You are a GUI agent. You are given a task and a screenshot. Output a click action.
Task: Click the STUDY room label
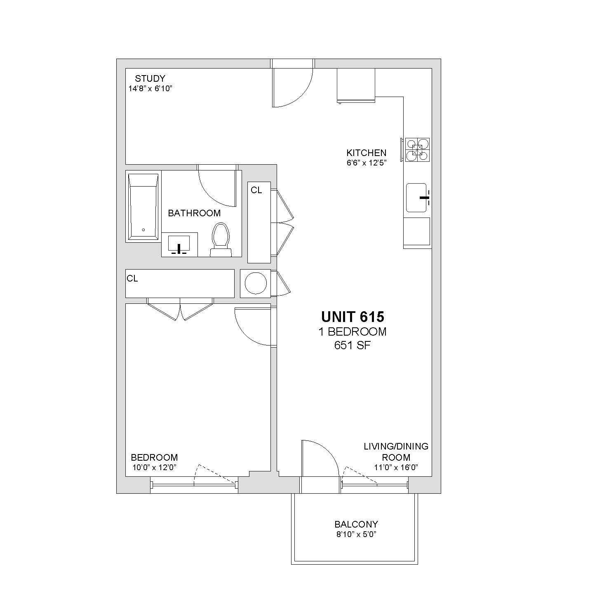(150, 78)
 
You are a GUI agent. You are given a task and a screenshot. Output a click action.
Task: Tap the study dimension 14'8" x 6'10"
(150, 88)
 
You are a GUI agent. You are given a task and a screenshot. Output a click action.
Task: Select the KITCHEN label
(366, 153)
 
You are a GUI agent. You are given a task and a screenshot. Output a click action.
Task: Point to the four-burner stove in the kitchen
(417, 150)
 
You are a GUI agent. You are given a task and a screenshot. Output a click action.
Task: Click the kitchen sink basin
(416, 198)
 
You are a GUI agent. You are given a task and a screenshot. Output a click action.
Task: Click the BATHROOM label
(194, 213)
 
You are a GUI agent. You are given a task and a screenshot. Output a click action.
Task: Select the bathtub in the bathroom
(143, 207)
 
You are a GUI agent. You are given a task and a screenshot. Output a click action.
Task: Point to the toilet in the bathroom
(221, 240)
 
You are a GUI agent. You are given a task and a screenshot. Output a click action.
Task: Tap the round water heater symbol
(256, 283)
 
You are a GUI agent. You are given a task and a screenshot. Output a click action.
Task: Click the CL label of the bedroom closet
(132, 279)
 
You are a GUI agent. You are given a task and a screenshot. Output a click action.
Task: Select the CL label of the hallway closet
(256, 190)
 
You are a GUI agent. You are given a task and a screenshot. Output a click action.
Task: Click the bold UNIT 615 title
(353, 317)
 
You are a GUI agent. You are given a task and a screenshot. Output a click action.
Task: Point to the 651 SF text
(353, 346)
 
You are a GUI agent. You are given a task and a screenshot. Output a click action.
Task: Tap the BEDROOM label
(154, 457)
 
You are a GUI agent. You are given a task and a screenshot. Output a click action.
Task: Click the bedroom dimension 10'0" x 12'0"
(154, 467)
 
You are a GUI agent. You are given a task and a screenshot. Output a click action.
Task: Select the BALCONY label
(356, 524)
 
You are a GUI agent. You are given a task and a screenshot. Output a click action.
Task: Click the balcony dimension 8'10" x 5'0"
(356, 534)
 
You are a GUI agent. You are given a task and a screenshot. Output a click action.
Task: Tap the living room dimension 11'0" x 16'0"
(396, 467)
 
